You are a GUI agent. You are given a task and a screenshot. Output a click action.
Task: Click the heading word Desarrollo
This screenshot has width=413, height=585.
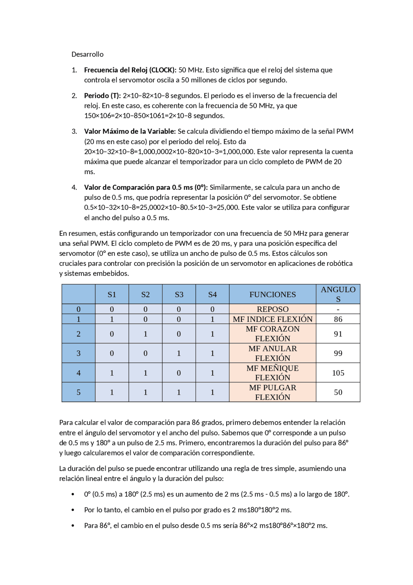coord(87,54)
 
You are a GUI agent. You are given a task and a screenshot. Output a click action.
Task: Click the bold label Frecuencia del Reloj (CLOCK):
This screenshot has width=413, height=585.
coord(130,70)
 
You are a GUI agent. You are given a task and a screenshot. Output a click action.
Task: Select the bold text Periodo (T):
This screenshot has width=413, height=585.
coord(102,96)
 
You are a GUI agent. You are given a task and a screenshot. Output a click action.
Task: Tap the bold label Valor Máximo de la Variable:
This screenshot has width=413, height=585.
coord(130,131)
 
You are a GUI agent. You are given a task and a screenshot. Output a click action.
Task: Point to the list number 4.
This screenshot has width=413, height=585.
coord(74,187)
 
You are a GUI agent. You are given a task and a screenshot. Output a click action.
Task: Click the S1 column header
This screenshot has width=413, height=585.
coord(112,294)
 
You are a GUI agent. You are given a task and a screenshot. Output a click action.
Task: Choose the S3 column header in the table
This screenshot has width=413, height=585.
coord(179,294)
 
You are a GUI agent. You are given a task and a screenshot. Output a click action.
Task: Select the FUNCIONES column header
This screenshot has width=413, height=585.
coord(272,294)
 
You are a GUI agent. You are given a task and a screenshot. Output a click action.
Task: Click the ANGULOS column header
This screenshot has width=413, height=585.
coord(338,294)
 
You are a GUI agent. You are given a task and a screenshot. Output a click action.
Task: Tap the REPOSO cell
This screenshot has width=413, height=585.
coord(272,309)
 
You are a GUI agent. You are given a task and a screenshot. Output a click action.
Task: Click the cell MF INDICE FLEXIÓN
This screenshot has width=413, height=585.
coord(272,319)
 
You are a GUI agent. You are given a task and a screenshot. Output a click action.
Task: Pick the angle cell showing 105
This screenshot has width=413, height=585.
coord(338,373)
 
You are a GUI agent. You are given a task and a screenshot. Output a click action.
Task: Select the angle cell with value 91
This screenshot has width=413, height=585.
coord(338,334)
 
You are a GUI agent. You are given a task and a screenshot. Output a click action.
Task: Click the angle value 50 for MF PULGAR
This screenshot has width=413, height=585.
coord(338,392)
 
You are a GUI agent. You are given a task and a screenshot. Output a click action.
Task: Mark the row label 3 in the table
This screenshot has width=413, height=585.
coord(78,353)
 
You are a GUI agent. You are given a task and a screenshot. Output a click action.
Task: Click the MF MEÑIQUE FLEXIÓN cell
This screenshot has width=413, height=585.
coord(272,373)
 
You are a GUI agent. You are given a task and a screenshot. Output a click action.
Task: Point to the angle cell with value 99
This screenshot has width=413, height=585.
coord(338,353)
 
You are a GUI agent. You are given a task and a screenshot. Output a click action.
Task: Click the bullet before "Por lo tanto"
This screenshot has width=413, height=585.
coord(73,510)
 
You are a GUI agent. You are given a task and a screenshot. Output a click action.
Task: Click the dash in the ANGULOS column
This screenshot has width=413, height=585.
coord(338,309)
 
